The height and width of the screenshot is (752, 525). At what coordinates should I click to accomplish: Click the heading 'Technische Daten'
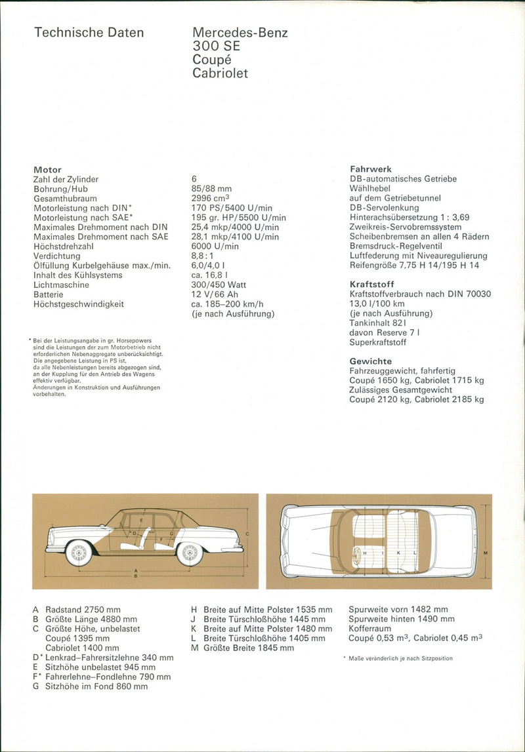pyautogui.click(x=89, y=33)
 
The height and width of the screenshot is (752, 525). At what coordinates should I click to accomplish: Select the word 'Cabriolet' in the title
pyautogui.click(x=220, y=73)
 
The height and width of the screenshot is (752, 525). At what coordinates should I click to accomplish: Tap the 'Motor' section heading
pyautogui.click(x=47, y=170)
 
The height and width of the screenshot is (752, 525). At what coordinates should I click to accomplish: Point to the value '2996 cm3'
pyautogui.click(x=211, y=198)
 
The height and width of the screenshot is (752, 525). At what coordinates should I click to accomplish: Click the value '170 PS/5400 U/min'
pyautogui.click(x=232, y=208)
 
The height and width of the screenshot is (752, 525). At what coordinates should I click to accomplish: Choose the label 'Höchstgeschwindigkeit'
pyautogui.click(x=79, y=304)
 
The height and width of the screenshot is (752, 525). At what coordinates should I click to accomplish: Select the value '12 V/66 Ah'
pyautogui.click(x=215, y=294)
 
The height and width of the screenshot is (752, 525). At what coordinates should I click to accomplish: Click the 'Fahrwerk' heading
pyautogui.click(x=371, y=169)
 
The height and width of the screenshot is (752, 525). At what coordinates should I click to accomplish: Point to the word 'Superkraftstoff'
pyautogui.click(x=378, y=342)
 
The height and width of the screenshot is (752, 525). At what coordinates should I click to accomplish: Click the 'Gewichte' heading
pyautogui.click(x=371, y=361)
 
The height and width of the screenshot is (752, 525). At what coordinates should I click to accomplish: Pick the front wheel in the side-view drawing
pyautogui.click(x=79, y=553)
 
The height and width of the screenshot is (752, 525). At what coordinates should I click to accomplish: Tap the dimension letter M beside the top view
pyautogui.click(x=484, y=553)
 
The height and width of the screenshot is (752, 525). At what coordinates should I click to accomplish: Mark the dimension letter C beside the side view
pyautogui.click(x=247, y=534)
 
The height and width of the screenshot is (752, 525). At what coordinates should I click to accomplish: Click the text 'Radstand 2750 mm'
pyautogui.click(x=83, y=610)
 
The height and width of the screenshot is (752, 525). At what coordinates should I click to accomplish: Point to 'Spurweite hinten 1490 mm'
pyautogui.click(x=402, y=619)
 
